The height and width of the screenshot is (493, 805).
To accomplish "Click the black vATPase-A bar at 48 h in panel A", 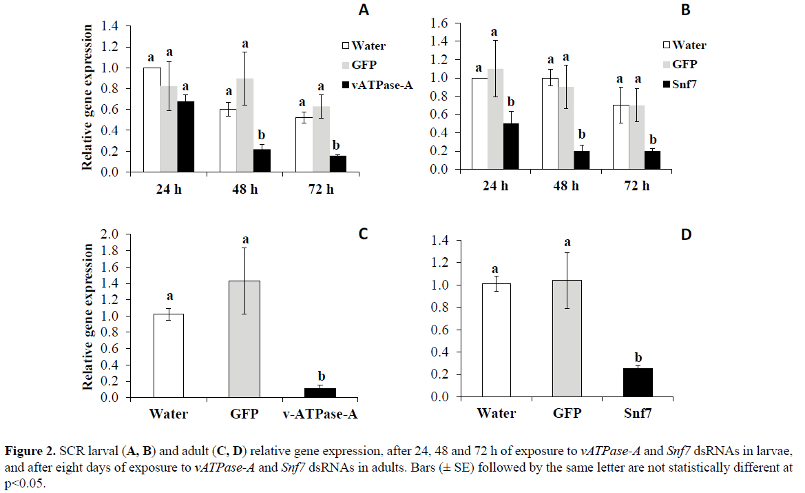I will pyautogui.click(x=261, y=160).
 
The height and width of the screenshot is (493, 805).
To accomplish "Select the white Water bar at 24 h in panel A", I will pyautogui.click(x=151, y=119).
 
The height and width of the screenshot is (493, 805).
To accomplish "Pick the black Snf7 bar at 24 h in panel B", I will pyautogui.click(x=512, y=146).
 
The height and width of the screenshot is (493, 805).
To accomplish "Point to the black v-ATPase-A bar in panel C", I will pyautogui.click(x=320, y=392).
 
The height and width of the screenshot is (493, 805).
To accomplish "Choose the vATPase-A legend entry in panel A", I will pyautogui.click(x=377, y=85).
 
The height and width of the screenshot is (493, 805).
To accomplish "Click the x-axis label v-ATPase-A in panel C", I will pyautogui.click(x=321, y=414).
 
